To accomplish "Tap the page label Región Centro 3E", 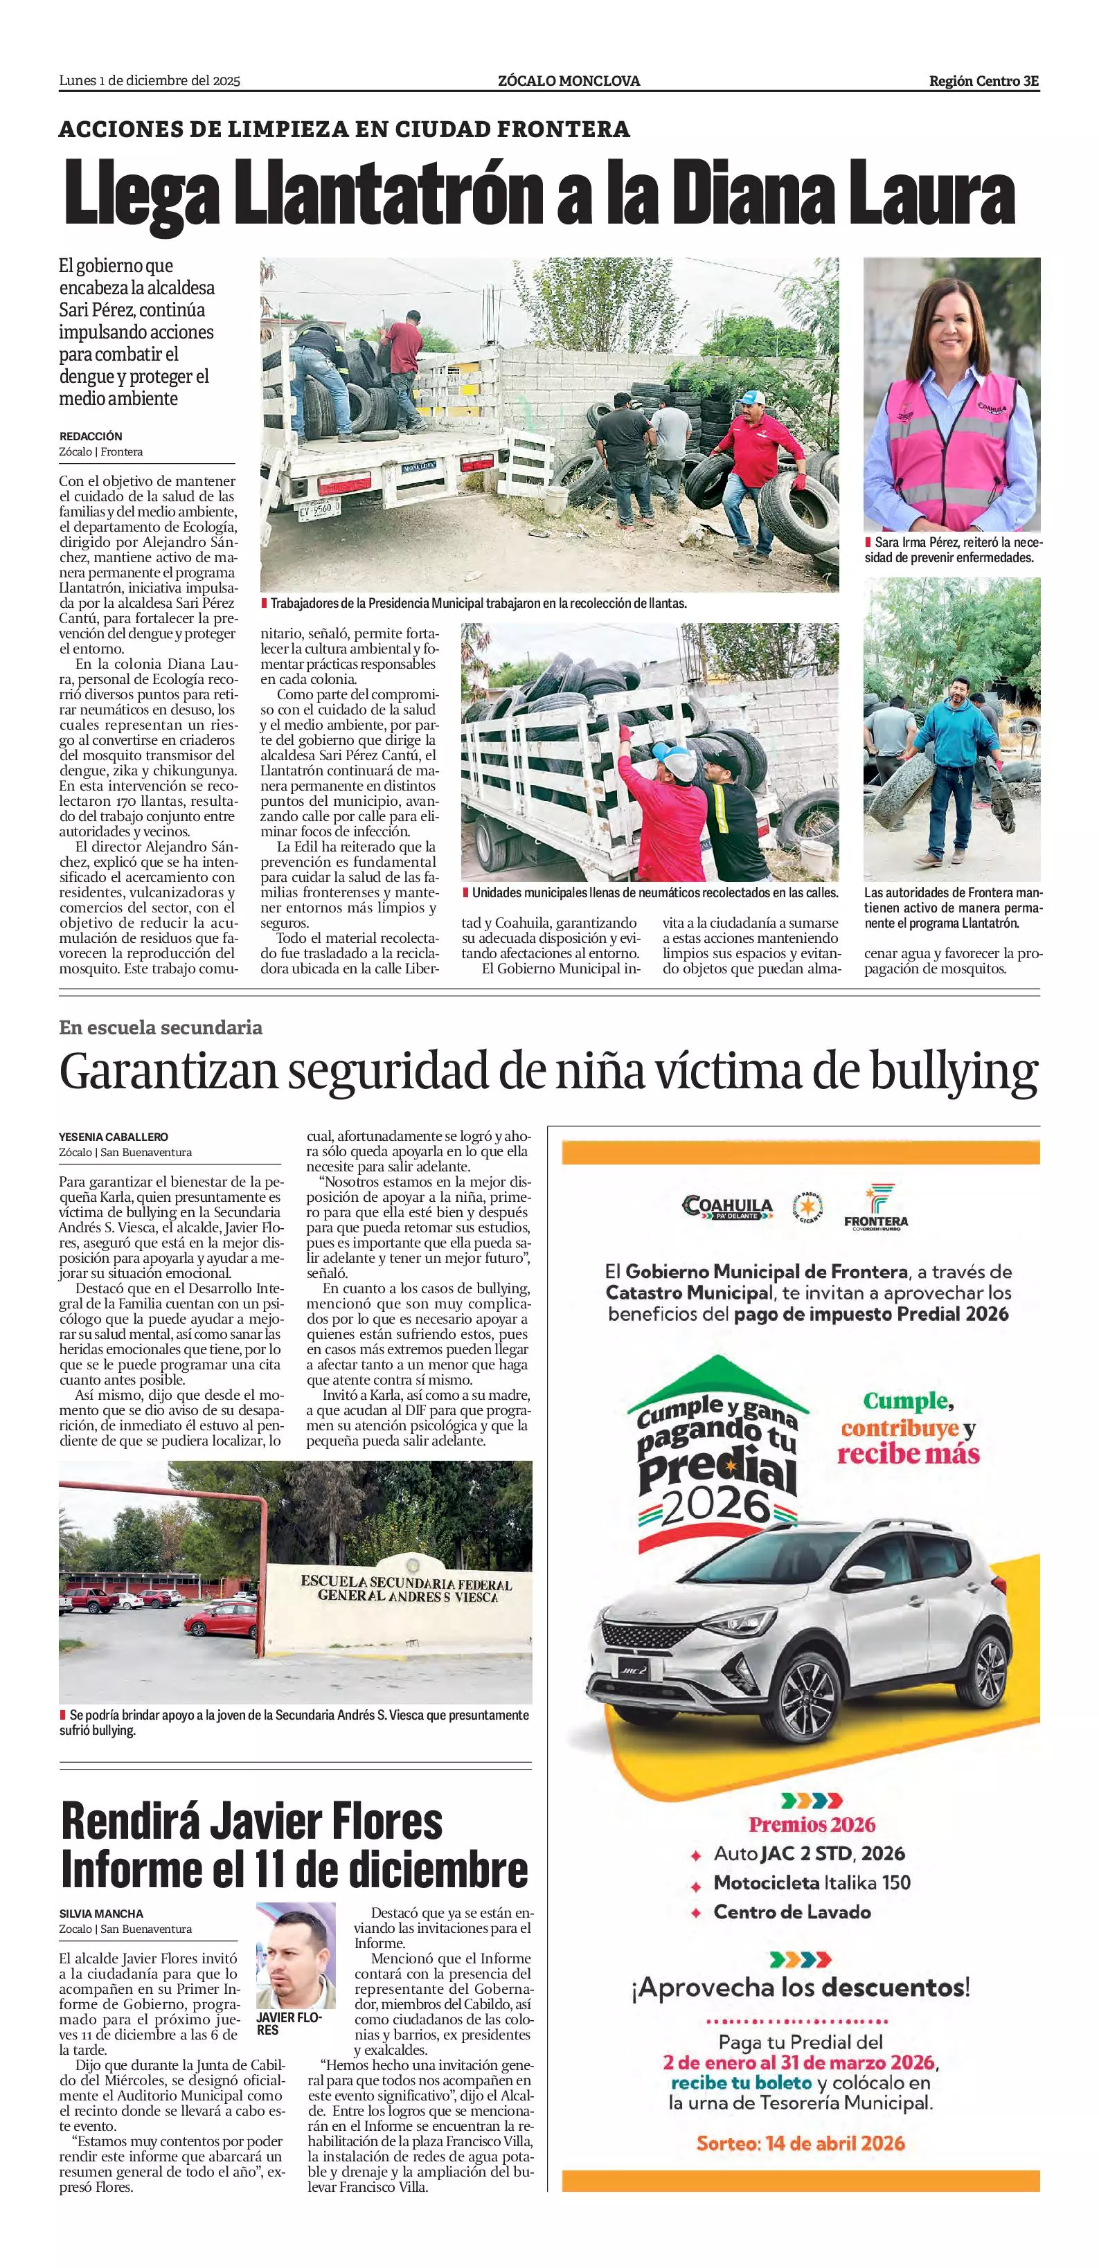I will click(983, 81).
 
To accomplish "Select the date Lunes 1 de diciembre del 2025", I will click(150, 81).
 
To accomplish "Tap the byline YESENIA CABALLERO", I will click(114, 1137).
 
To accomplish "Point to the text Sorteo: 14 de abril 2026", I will click(801, 2143).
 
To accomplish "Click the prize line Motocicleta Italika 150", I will click(811, 1882).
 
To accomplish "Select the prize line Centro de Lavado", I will click(792, 1911).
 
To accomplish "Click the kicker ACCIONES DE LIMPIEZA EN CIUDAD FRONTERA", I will click(344, 129).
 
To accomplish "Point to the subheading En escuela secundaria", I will click(160, 1027).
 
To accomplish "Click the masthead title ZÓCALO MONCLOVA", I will click(569, 81).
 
